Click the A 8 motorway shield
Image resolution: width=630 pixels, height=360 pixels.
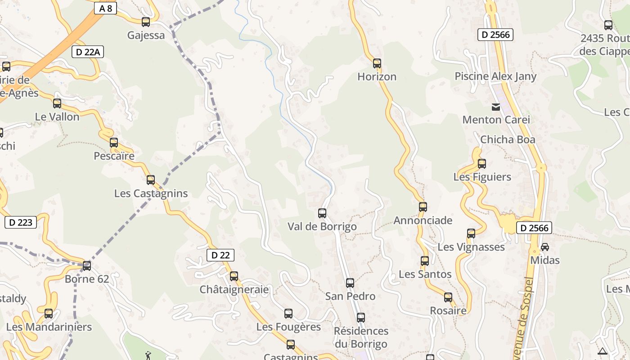coord(106,8)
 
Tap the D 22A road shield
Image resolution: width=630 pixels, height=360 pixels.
coord(88,52)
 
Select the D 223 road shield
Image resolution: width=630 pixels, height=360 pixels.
coord(21,222)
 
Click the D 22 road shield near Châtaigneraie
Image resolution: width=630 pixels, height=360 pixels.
coord(220,255)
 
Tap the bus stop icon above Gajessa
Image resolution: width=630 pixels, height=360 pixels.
coord(145,22)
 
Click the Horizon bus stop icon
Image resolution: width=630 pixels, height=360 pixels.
coord(377,63)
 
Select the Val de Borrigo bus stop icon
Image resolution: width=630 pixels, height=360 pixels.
coord(322,213)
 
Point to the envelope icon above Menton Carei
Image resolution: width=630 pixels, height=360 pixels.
coord(496,107)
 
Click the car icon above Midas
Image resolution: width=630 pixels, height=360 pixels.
coord(545,247)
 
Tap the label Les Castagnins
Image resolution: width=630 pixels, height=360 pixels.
coord(151,193)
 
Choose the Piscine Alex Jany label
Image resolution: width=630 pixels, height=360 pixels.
coord(495,76)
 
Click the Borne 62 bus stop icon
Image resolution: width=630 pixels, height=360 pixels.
coord(87,266)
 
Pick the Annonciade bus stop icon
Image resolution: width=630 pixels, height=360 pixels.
coord(423,207)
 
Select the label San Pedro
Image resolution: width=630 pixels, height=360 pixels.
coord(350,296)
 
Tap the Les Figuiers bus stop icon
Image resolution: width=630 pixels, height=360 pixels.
coord(482,164)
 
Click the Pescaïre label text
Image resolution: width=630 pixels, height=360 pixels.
coord(114,156)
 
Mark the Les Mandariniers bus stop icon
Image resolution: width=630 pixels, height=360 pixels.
coord(49,314)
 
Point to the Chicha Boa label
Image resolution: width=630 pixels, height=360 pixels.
coord(508,139)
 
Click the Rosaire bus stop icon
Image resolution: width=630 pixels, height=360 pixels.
coord(448,297)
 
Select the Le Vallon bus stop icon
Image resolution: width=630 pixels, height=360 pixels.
coord(57,103)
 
